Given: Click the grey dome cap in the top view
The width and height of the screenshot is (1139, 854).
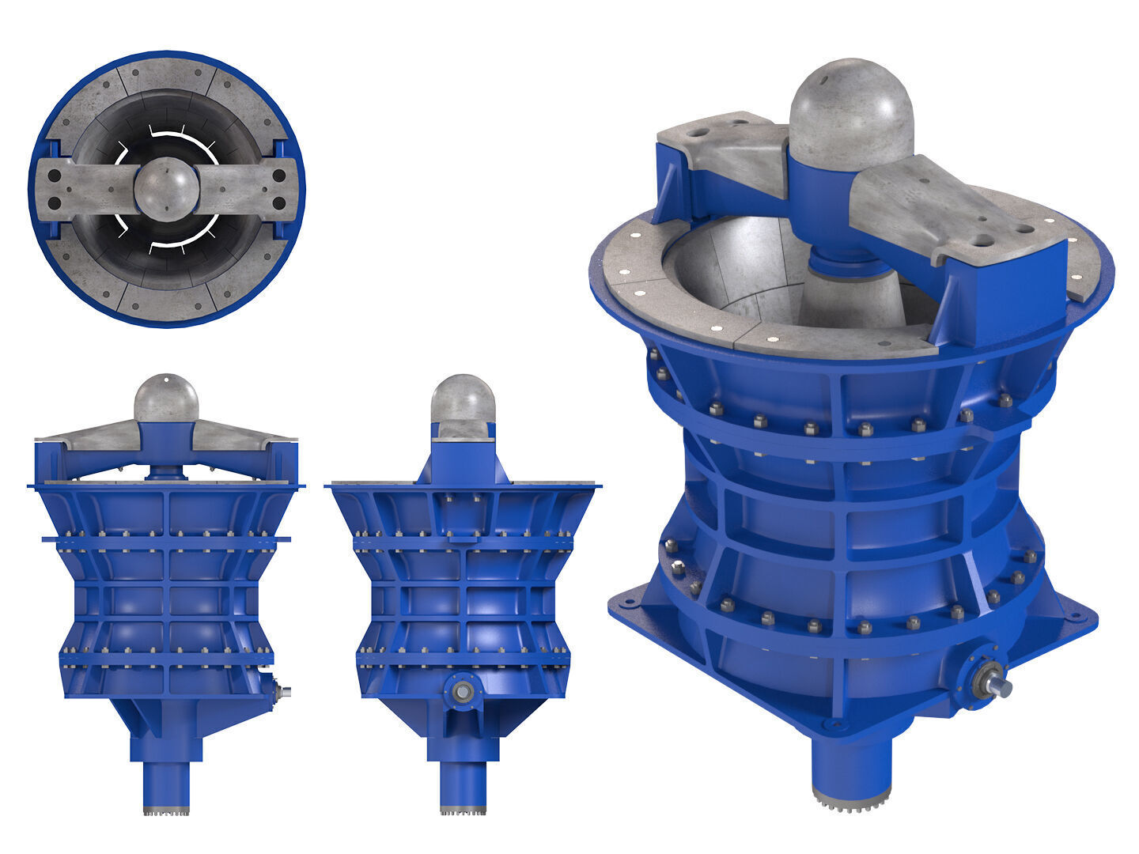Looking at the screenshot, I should coord(166,188).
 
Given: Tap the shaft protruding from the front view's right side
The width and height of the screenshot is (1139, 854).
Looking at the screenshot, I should coord(281,692).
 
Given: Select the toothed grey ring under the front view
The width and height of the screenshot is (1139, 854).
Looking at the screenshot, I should coord(166,811).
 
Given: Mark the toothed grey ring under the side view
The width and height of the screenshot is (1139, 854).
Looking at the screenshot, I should coord(463,811).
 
